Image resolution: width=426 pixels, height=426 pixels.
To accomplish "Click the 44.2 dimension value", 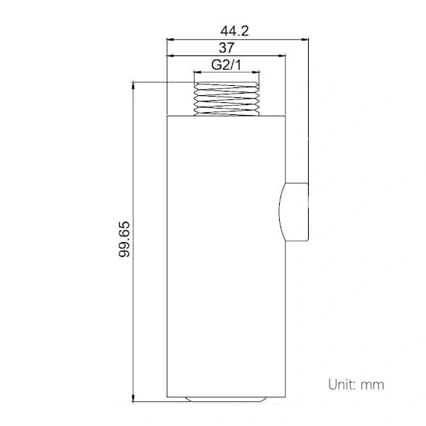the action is click(234, 31).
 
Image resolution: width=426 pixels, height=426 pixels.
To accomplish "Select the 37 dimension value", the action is click(226, 48).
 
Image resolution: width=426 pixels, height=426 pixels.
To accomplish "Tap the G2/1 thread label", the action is click(226, 65).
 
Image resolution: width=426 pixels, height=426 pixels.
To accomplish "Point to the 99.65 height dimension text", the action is click(124, 239).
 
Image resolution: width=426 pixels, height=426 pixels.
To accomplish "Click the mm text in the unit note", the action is click(372, 386).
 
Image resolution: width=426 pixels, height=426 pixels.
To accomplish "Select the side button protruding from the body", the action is click(294, 212).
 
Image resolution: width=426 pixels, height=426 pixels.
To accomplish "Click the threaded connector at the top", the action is click(226, 99).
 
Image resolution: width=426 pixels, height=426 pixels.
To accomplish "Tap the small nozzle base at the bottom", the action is click(226, 399).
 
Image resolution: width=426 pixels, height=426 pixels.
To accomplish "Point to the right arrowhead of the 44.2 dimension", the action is click(305, 40).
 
